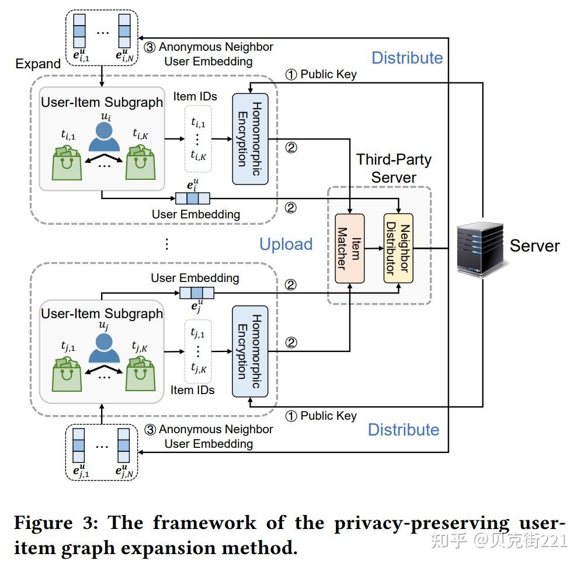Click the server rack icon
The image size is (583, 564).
(480, 246)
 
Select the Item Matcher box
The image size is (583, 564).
(349, 249)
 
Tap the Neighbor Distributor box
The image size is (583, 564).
(398, 249)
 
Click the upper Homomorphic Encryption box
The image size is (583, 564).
(250, 138)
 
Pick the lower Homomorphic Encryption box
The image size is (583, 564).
(250, 351)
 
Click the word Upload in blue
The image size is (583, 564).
(286, 244)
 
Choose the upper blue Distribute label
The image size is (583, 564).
(407, 58)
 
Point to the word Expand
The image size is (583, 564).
(38, 64)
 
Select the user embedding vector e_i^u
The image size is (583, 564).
(193, 199)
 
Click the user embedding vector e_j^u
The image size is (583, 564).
(196, 292)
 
